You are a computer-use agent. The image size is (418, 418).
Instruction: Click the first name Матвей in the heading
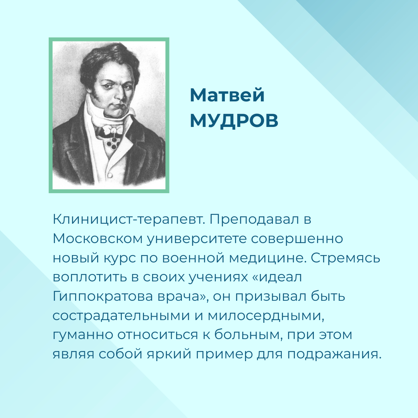click(x=227, y=95)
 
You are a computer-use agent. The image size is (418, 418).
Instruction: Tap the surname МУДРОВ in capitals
click(x=234, y=120)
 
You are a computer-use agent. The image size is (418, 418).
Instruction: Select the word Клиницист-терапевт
click(x=128, y=220)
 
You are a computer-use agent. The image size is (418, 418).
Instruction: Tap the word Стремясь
click(x=346, y=258)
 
